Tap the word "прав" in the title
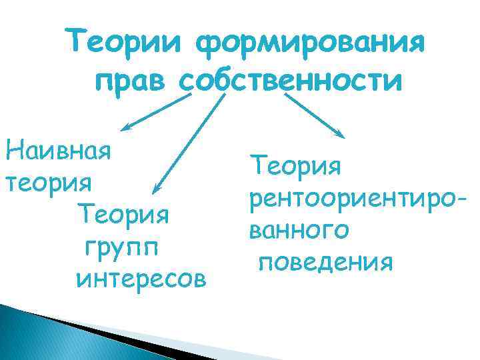pos(131,82)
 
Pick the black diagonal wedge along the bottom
pos(133,337)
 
